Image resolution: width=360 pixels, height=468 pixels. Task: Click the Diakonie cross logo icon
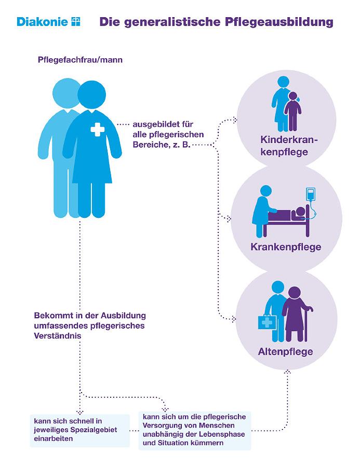click(x=76, y=22)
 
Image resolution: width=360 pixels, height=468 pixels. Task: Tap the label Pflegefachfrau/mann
click(x=80, y=60)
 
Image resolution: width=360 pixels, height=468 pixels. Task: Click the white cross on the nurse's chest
click(x=98, y=129)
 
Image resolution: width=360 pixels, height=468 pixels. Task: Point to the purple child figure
click(x=292, y=111)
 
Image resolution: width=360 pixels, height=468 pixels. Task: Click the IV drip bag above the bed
click(x=311, y=194)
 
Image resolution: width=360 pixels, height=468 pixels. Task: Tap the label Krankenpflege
click(x=286, y=247)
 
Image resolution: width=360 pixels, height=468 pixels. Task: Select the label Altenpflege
click(x=285, y=352)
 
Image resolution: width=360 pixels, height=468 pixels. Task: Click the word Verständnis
click(x=58, y=335)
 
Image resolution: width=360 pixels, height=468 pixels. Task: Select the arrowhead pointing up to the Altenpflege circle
click(x=287, y=372)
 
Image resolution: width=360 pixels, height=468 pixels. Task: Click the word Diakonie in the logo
click(x=43, y=22)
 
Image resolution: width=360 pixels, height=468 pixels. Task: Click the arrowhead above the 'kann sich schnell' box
click(x=80, y=412)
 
